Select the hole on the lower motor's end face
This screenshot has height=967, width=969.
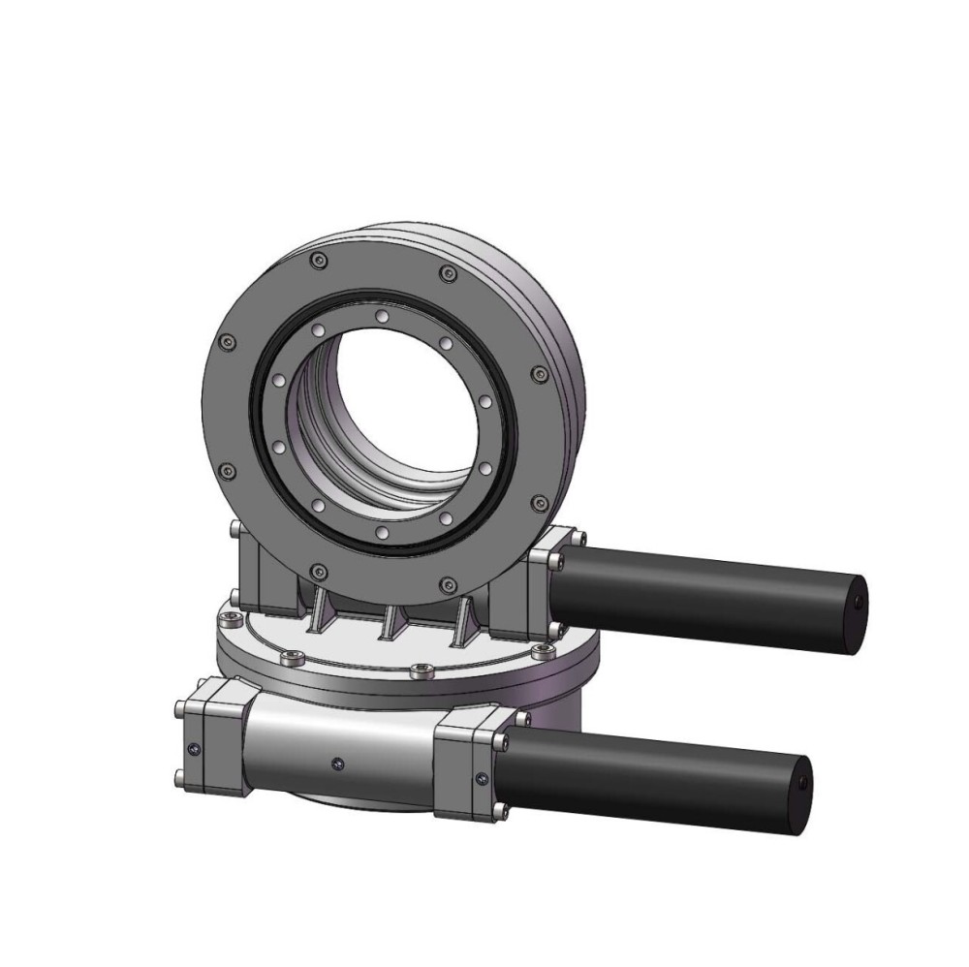(x=803, y=781)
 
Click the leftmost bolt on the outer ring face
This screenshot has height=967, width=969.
(x=227, y=341)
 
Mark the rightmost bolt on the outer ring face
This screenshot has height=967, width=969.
(x=541, y=374)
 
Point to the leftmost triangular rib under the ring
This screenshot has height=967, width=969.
(x=317, y=610)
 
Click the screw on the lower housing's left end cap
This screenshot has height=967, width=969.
(x=196, y=746)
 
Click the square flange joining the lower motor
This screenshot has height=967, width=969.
(x=470, y=764)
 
